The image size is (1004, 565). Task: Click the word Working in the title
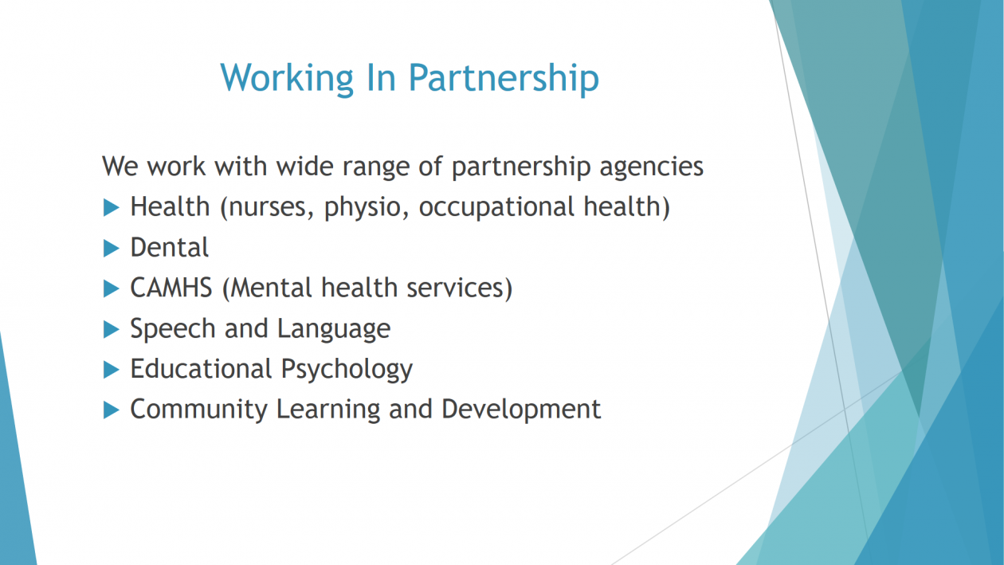[x=287, y=79]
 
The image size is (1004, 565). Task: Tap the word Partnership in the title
[x=504, y=79]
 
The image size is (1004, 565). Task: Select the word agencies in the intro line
[x=652, y=167]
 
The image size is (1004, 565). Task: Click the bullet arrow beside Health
[x=112, y=208]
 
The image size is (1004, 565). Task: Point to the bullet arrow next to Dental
[x=112, y=249]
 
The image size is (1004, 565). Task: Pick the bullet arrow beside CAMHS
[x=112, y=288]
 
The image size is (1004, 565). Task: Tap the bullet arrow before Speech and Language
[x=112, y=330]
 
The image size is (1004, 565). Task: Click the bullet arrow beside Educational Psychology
[x=112, y=370]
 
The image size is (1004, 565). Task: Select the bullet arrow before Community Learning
[x=112, y=410]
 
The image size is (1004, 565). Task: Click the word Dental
[x=170, y=248]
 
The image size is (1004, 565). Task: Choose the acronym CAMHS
[x=171, y=288]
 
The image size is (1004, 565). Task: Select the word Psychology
[x=347, y=370]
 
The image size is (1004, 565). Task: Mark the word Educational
[x=202, y=369]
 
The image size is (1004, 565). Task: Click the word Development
[x=521, y=410]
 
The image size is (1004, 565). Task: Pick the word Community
[x=199, y=410]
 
